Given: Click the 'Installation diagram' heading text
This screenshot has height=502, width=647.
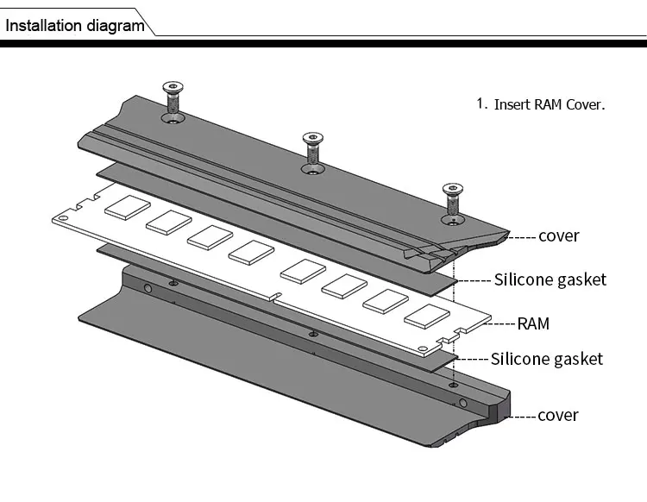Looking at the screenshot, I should [x=75, y=25].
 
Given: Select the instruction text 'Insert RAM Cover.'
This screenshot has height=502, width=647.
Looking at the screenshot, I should [x=550, y=104].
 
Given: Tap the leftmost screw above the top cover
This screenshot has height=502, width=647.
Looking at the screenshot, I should [x=173, y=102].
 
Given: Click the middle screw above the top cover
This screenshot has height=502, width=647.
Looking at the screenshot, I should [x=312, y=151].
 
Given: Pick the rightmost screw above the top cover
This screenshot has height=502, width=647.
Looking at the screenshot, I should [x=452, y=201].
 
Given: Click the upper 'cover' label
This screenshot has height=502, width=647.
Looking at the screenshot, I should [x=558, y=235].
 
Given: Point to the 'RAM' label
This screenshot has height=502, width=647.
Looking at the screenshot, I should [x=533, y=324].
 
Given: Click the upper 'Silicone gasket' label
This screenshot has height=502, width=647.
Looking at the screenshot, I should [x=550, y=279].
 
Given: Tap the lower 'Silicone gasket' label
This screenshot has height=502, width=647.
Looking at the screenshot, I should [x=547, y=359].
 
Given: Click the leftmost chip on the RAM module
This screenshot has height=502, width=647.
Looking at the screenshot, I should [x=127, y=207].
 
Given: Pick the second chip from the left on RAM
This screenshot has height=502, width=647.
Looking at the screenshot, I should [x=168, y=222].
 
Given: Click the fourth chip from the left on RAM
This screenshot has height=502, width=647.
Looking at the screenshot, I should [x=252, y=252].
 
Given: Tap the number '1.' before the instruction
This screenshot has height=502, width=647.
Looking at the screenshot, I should [x=482, y=104].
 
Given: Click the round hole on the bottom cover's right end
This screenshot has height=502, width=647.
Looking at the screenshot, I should [x=463, y=403].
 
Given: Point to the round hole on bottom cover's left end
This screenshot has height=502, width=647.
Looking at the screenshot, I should [x=148, y=287].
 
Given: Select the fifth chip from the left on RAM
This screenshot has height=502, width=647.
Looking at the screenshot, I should [x=303, y=270].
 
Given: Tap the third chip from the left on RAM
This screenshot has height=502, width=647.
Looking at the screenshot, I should [x=210, y=237].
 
